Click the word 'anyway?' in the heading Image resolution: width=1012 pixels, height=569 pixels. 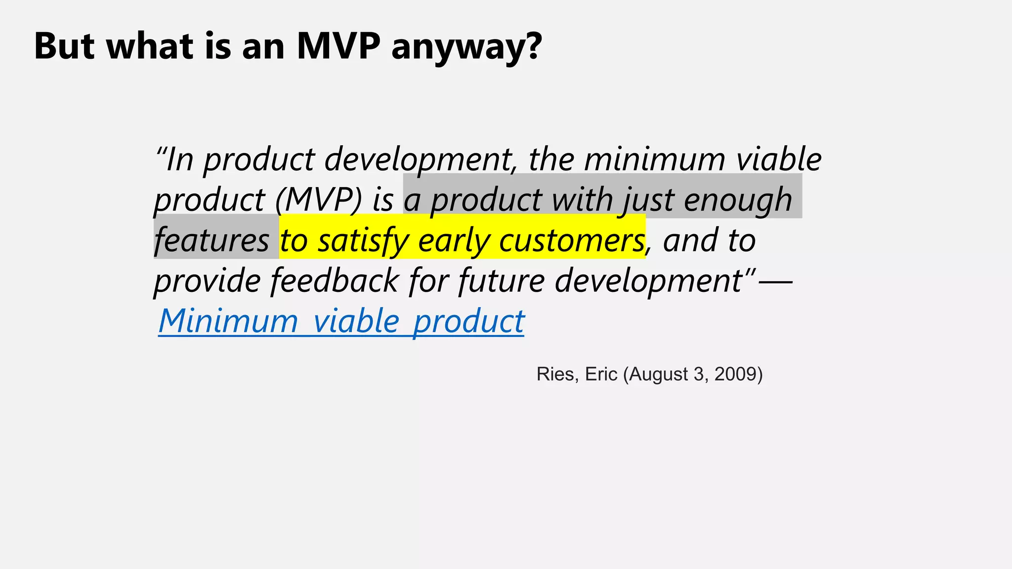pos(466,47)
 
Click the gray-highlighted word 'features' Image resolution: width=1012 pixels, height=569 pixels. pos(211,241)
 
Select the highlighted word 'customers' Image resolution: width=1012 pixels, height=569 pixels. pos(572,241)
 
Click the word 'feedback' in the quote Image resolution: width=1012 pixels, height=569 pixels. pos(335,281)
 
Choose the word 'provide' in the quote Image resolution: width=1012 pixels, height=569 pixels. pos(207,281)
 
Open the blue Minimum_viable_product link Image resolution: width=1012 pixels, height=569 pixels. pos(341,321)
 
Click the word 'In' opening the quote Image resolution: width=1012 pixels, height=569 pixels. pos(179,160)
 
